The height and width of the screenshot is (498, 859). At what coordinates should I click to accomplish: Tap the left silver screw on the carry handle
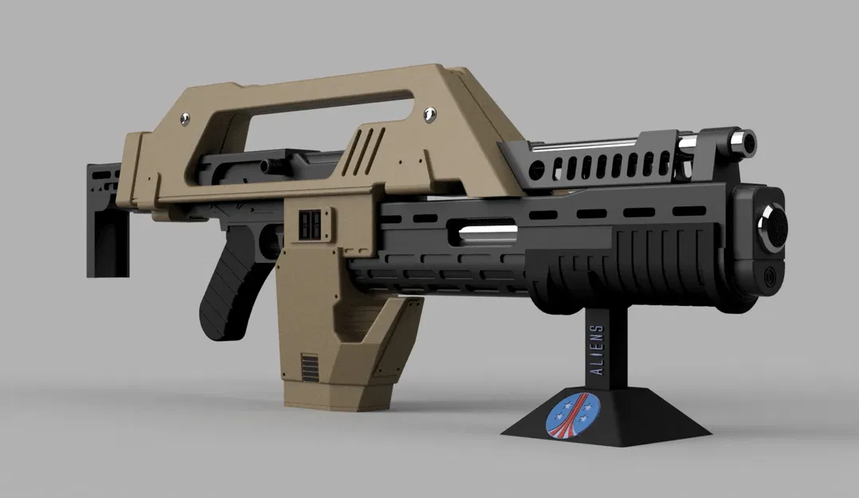tap(185, 118)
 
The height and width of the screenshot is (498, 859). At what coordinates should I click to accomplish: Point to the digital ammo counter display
tap(311, 225)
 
